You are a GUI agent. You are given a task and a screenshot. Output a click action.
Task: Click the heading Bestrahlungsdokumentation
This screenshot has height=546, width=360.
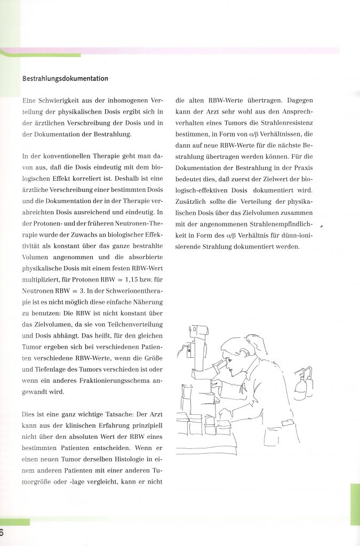(65, 78)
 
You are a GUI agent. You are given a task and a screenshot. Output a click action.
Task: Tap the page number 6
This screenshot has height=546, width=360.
(2, 533)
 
